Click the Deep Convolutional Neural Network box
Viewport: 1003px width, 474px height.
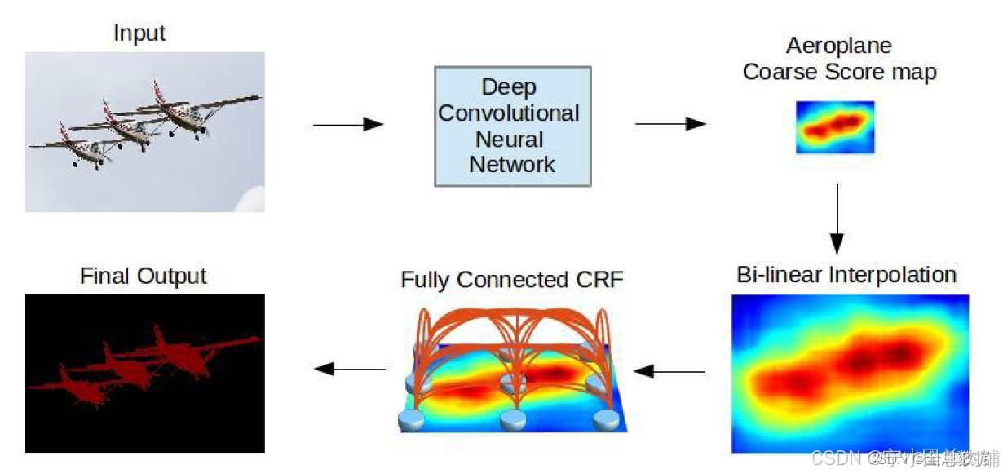tap(512, 126)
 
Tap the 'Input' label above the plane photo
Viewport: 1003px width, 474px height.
tap(139, 33)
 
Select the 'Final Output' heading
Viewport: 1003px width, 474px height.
tap(144, 276)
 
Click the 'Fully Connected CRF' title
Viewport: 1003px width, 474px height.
tap(511, 280)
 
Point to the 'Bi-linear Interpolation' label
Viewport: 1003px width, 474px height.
tap(846, 274)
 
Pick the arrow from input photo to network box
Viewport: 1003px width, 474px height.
tap(348, 124)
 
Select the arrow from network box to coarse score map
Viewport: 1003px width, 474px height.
tap(670, 124)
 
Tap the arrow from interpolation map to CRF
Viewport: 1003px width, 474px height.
tap(669, 372)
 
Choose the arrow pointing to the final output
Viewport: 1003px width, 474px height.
tap(350, 369)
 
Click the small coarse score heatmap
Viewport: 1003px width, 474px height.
tap(835, 127)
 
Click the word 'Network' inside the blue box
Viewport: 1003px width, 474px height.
tap(512, 164)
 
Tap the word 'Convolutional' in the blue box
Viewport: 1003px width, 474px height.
tap(509, 113)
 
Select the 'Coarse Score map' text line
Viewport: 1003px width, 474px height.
tap(839, 72)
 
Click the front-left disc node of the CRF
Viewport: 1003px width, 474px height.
tap(412, 419)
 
